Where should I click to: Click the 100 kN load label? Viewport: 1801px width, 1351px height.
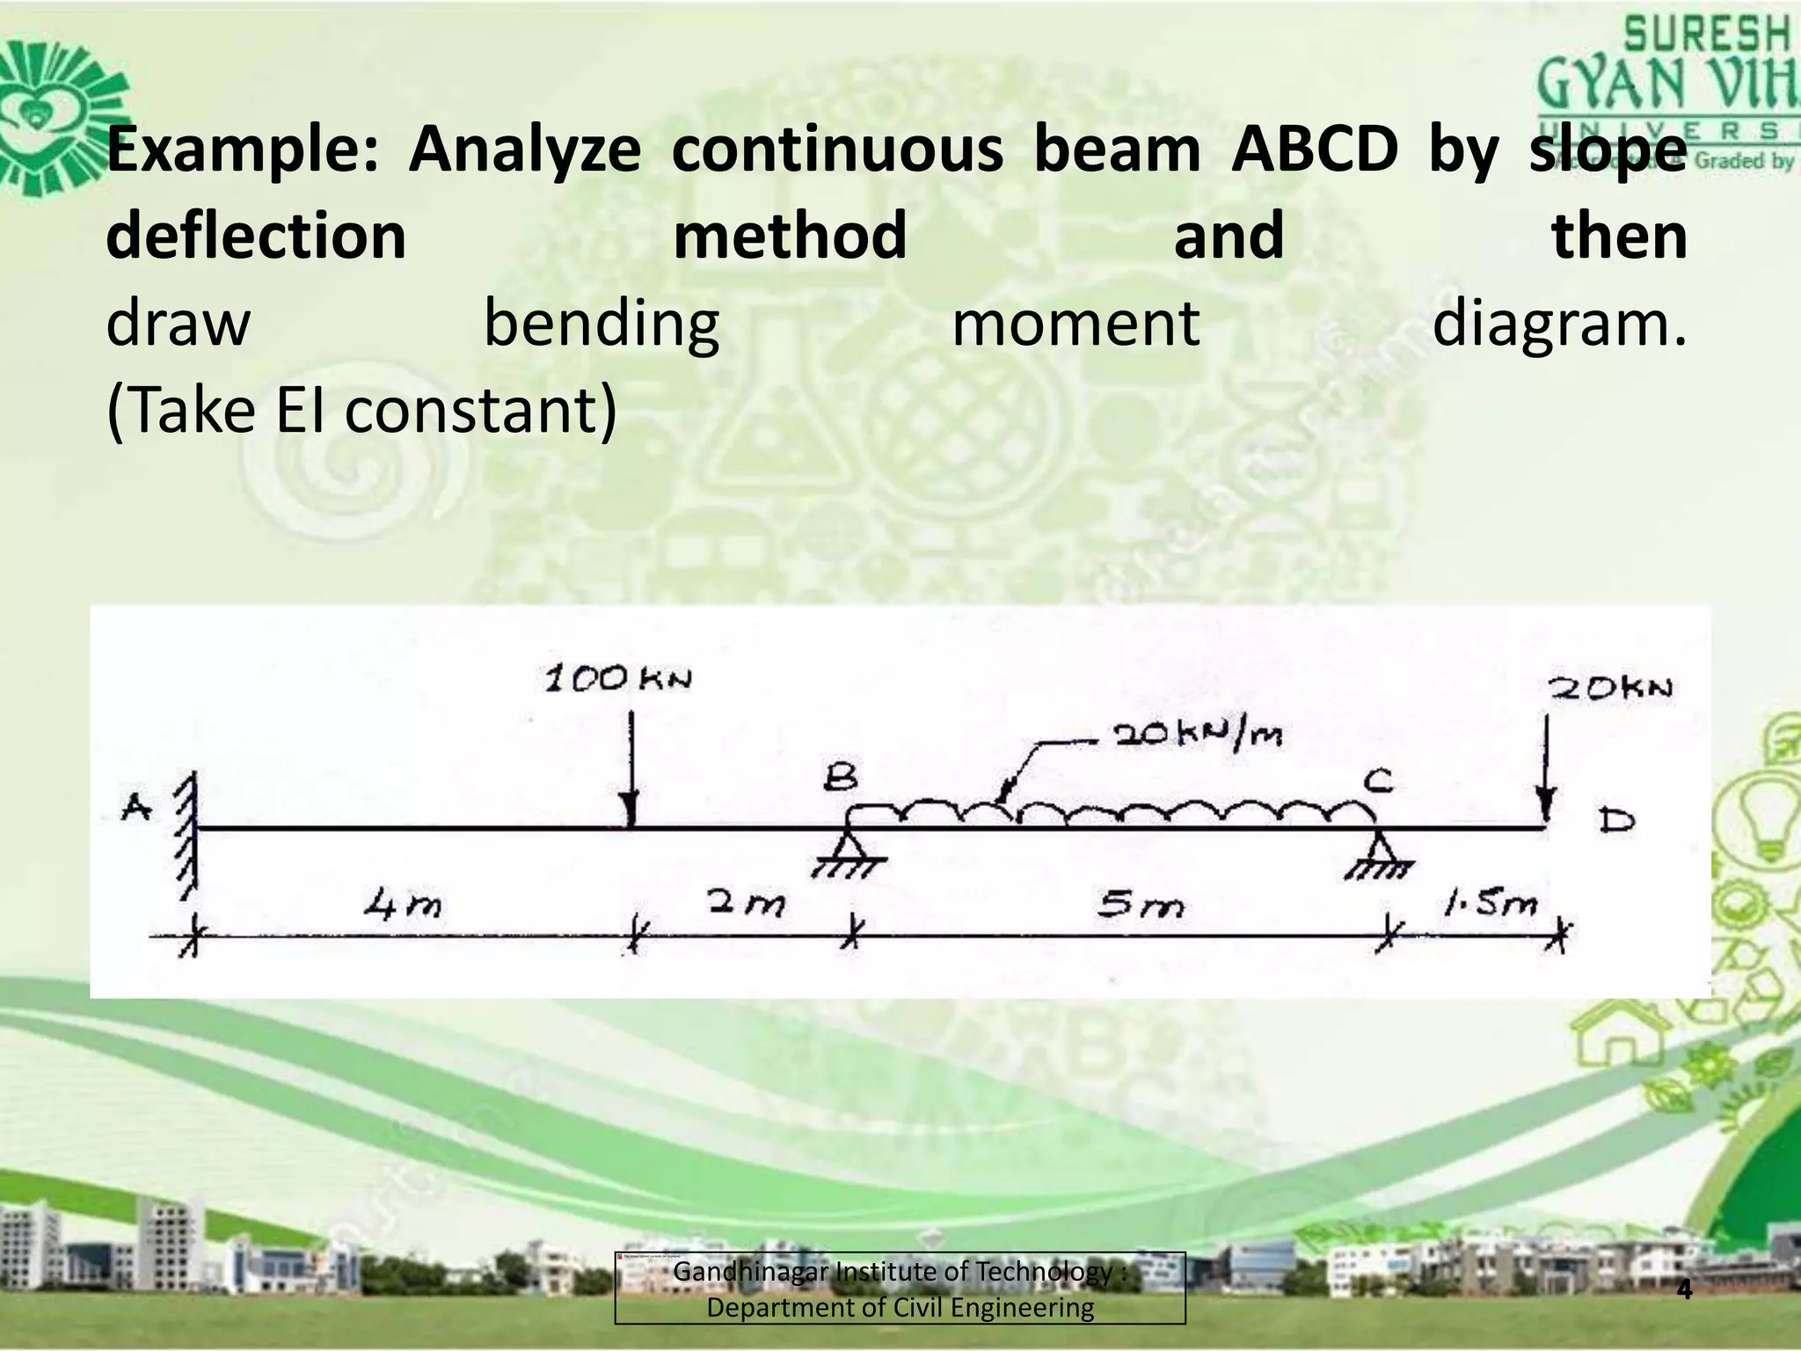point(618,679)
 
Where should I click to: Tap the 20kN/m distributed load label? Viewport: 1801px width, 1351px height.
point(1198,734)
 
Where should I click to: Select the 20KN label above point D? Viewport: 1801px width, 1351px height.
point(1609,688)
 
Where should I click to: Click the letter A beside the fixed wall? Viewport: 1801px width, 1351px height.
point(136,806)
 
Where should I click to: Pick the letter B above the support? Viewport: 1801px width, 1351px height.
point(841,778)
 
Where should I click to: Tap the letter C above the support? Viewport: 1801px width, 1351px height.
point(1378,780)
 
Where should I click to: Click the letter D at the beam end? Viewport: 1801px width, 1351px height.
point(1616,822)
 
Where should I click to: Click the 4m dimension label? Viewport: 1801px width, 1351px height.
point(404,903)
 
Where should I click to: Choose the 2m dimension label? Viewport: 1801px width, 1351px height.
point(746,902)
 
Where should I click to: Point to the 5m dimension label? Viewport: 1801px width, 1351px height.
point(1141,904)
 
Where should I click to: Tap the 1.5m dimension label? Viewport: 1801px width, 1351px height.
point(1490,902)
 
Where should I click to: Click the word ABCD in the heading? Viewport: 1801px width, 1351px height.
point(1314,149)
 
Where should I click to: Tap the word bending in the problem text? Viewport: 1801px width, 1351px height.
point(602,324)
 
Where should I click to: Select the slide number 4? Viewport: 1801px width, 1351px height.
point(1684,1289)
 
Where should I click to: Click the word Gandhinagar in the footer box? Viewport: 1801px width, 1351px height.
point(750,1271)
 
